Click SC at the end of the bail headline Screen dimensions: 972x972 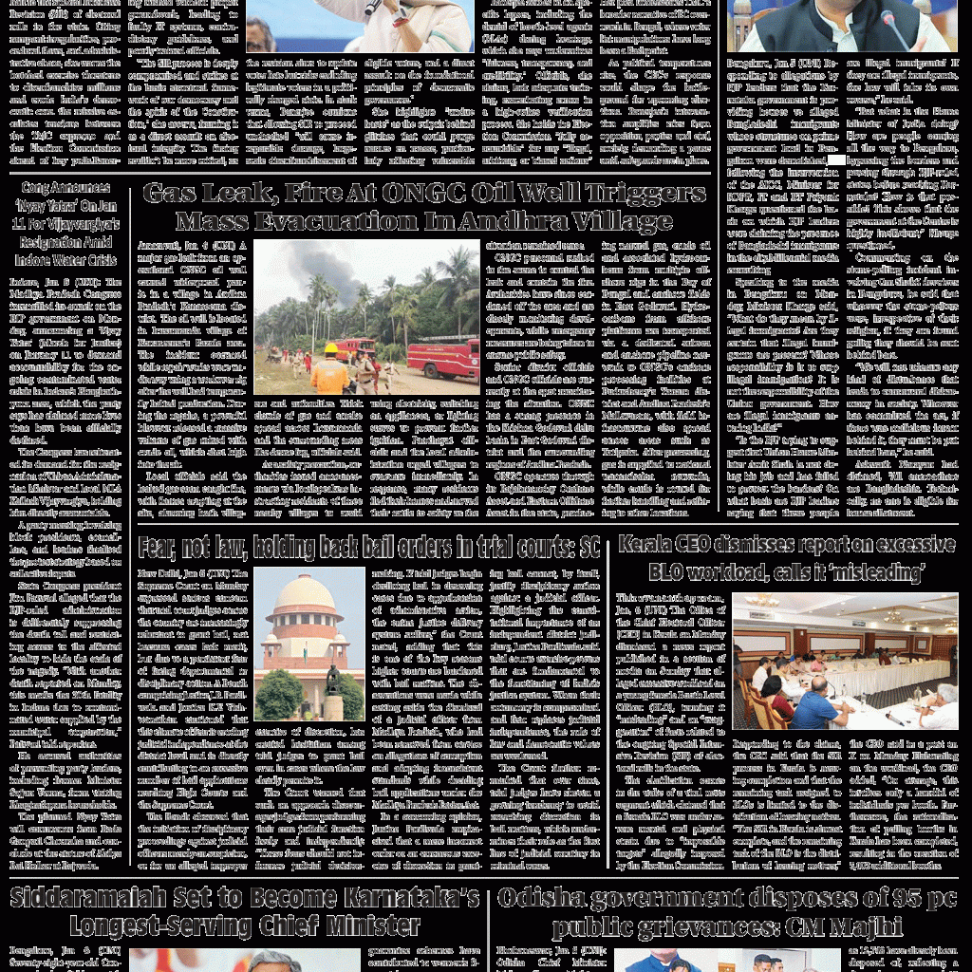[x=589, y=548]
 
